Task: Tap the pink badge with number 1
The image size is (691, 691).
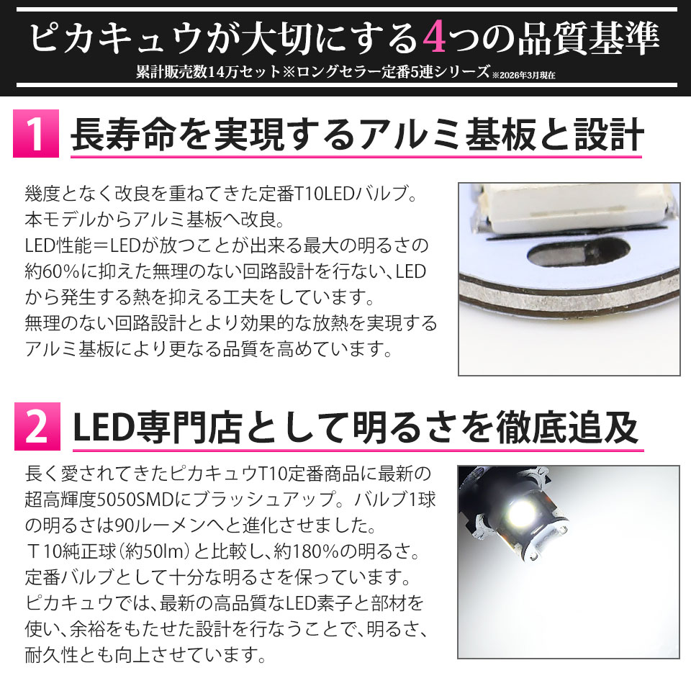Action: click(36, 134)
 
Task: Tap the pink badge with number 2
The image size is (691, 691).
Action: click(37, 426)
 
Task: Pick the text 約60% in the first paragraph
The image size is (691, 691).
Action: click(53, 271)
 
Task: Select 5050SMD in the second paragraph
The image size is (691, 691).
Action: click(135, 500)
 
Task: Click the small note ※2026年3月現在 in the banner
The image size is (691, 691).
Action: click(524, 76)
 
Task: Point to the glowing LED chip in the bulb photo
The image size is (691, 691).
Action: click(523, 511)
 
